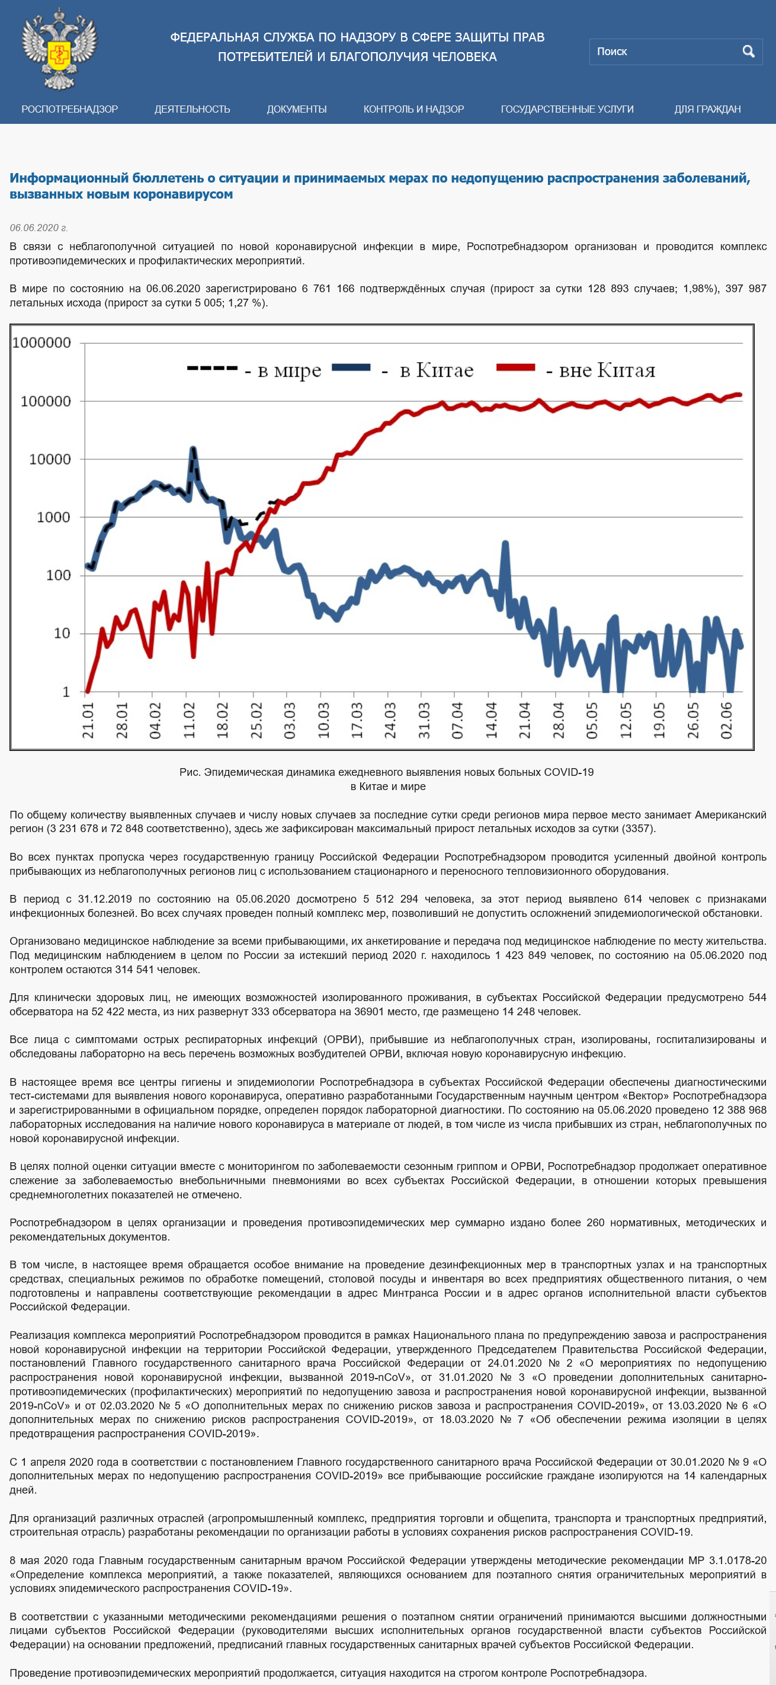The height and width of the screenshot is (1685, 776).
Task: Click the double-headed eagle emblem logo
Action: coord(59,49)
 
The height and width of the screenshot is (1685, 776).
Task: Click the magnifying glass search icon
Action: coord(749,51)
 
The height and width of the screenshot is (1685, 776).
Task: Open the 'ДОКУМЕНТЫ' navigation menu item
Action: coord(297,109)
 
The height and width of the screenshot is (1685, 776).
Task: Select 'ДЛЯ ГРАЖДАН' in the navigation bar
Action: coord(707,109)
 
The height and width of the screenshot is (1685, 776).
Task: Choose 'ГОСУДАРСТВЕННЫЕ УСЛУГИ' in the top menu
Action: coord(567,109)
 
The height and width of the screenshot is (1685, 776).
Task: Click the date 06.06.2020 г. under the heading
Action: coord(39,228)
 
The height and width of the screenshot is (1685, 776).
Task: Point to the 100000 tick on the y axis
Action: coord(45,401)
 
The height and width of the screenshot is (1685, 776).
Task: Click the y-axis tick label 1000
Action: coord(53,517)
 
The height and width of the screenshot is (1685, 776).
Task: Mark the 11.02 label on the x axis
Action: coord(188,721)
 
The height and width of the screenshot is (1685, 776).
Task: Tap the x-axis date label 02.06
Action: coord(726,721)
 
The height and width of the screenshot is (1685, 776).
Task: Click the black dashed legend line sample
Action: coord(212,367)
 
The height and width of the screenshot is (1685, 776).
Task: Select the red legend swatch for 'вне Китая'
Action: coord(516,367)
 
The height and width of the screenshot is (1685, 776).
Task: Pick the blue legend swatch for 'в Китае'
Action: coord(351,367)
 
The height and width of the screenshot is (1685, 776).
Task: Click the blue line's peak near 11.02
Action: coord(192,449)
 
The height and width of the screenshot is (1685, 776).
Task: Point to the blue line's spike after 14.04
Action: coord(505,543)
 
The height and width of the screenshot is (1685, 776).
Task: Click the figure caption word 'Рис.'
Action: coord(190,772)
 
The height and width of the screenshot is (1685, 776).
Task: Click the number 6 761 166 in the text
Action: coord(328,289)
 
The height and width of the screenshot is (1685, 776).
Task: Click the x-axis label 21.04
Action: coord(524,721)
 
